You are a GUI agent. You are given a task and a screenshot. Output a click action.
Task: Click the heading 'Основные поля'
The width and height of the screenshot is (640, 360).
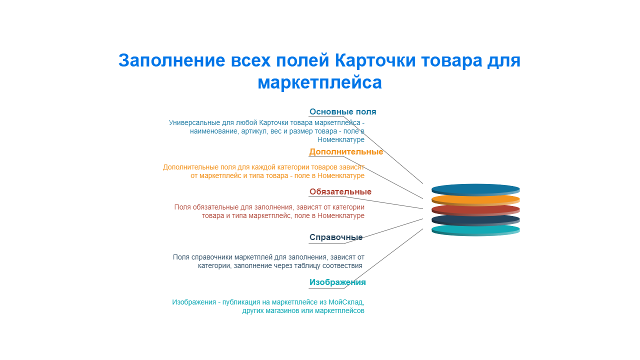pos(342,111)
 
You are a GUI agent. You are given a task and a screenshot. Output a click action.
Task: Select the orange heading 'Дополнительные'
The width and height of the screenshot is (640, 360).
pos(346,151)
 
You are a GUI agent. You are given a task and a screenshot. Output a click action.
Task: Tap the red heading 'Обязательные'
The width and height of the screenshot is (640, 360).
pos(340,191)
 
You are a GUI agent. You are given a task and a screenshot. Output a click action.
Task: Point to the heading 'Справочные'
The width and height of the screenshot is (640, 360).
pos(336,237)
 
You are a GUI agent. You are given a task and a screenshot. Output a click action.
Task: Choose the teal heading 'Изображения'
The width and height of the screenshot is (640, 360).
pos(337,282)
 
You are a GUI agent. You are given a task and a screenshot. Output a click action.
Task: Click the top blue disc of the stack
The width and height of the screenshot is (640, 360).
pos(475,188)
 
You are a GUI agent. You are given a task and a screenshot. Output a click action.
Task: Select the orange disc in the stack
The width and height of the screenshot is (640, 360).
pos(475,199)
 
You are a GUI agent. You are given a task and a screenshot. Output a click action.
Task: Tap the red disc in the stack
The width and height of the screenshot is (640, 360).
pos(475,209)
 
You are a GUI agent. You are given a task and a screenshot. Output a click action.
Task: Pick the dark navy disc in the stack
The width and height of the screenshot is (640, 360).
pos(475,219)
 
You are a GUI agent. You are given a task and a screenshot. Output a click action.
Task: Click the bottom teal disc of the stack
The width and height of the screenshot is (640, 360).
pos(475,229)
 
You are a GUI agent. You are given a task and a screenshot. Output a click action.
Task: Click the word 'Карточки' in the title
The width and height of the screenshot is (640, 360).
pos(375,60)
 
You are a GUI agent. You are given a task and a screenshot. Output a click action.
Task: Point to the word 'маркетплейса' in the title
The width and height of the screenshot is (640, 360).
pos(319,82)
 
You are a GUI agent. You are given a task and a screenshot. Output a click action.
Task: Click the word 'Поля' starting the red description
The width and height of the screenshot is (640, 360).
pos(182,207)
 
